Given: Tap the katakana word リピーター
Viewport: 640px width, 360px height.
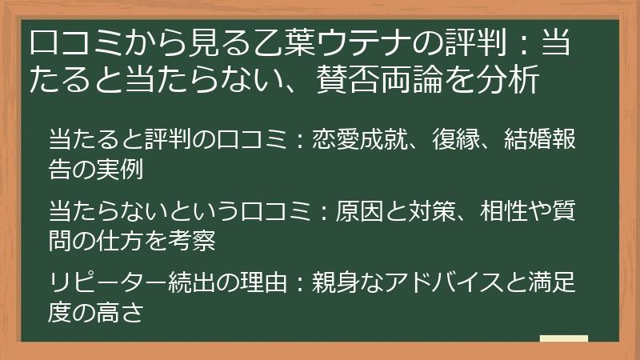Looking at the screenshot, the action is coord(108,282).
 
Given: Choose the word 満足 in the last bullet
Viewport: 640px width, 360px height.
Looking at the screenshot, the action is coord(552,282).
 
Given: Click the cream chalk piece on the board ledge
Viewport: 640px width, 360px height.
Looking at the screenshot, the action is coord(564,338).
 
